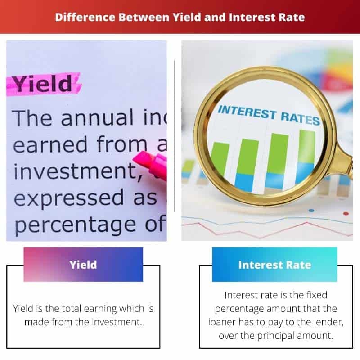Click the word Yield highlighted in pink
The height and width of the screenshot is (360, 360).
tap(41, 84)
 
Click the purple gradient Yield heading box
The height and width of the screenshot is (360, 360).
tap(83, 265)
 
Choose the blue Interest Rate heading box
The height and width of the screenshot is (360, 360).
tap(274, 265)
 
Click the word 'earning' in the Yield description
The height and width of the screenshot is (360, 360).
tap(108, 309)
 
